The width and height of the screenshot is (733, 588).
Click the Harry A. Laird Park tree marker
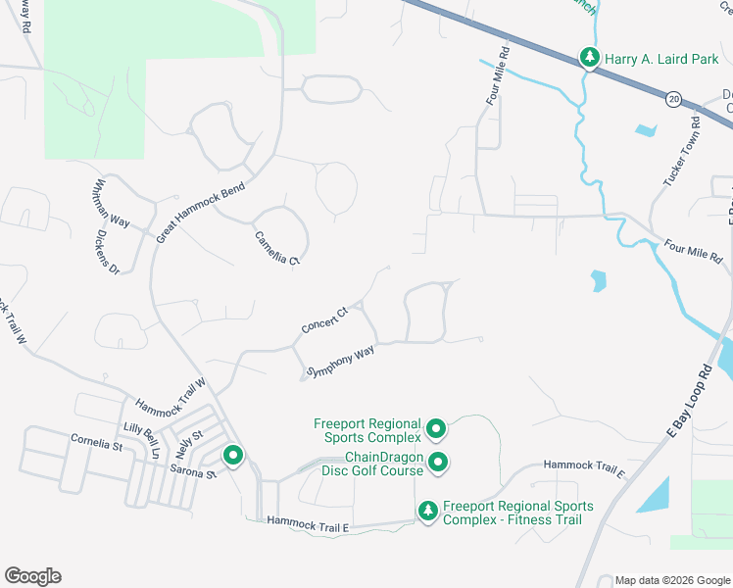point(589,57)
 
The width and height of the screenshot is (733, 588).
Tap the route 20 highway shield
point(673,99)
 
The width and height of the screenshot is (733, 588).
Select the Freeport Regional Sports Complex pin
point(436,429)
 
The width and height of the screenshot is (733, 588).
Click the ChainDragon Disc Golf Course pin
point(437,462)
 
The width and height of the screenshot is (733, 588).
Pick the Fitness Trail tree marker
point(427,511)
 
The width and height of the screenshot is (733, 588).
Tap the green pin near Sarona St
point(233,456)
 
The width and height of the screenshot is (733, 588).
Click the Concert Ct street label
point(325,320)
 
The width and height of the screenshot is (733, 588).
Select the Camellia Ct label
point(275,247)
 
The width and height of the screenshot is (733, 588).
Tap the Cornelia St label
point(96,446)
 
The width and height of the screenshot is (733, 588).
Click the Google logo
point(32,576)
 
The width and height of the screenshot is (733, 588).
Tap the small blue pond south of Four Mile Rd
point(599,282)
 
